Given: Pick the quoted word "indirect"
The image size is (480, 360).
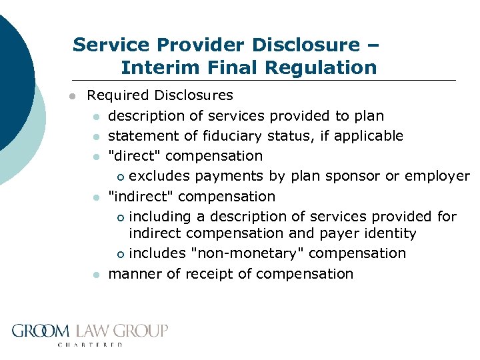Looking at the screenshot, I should [x=141, y=197].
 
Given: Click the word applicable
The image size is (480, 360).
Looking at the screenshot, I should [x=369, y=136].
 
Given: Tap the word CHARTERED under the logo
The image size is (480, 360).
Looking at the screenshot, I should [x=91, y=345].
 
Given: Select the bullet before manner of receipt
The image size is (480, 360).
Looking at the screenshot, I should [x=97, y=275].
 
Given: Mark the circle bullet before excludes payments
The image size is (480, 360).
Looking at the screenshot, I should [x=120, y=177].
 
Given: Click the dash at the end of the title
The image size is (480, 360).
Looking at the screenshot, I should [x=372, y=45].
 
